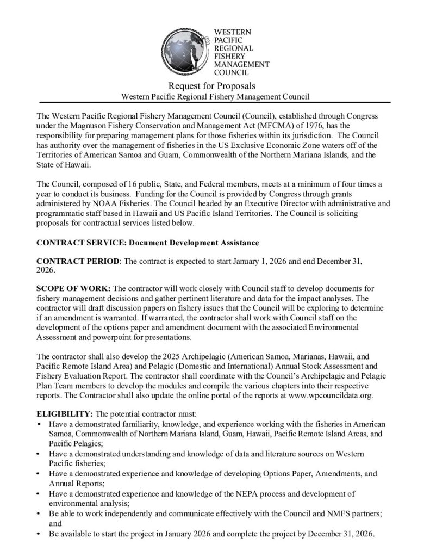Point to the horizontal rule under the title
coord(215,102)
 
